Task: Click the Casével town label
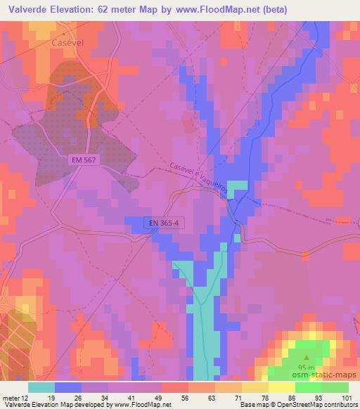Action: pos(68,41)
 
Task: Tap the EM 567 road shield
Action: pos(84,160)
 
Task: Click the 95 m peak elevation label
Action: pos(306,367)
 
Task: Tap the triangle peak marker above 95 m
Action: pos(305,357)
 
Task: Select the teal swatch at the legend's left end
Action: pos(41,387)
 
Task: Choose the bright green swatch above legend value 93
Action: pos(309,387)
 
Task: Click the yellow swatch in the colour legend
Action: pos(282,387)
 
